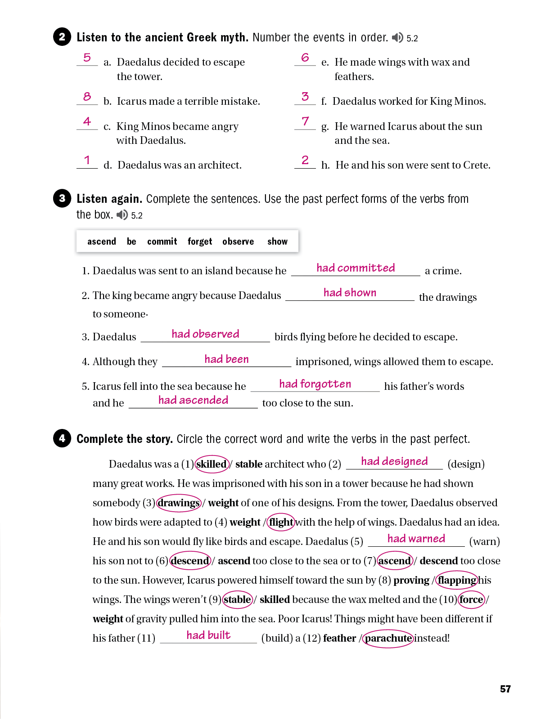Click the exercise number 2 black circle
click(x=62, y=37)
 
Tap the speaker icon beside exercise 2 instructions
click(x=397, y=37)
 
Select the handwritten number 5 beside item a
click(x=87, y=58)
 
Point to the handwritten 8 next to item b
click(x=87, y=96)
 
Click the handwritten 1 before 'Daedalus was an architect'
click(x=87, y=160)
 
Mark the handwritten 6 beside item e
click(x=305, y=58)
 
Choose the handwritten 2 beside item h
click(x=305, y=160)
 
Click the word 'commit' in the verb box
click(x=162, y=241)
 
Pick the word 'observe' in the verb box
click(x=238, y=241)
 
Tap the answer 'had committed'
click(x=356, y=268)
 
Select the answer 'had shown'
click(x=350, y=293)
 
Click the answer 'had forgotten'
click(x=315, y=384)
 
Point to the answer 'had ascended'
click(x=193, y=400)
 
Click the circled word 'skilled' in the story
click(x=212, y=464)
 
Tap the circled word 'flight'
click(x=281, y=522)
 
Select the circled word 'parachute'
click(x=388, y=639)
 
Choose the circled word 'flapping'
click(x=457, y=580)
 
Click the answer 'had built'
click(x=208, y=635)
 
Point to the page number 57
click(x=505, y=689)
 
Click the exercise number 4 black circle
click(x=62, y=438)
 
